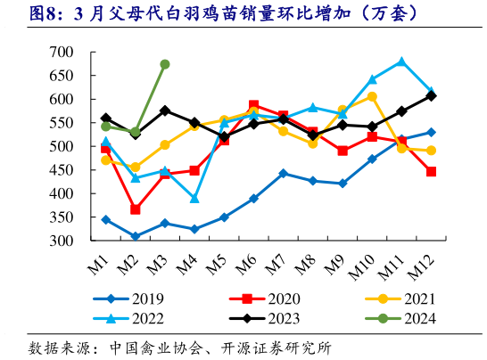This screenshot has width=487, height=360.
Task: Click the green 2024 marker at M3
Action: [x=164, y=64]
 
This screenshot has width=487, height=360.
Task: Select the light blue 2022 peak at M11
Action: [x=401, y=61]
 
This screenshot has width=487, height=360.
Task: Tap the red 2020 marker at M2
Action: [x=135, y=209]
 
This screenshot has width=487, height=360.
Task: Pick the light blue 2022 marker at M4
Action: [x=194, y=199]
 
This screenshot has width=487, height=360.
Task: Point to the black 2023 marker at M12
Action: [x=431, y=95]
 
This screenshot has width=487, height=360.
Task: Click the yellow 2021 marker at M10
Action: [x=372, y=96]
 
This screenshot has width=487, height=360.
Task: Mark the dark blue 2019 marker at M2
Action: [x=135, y=236]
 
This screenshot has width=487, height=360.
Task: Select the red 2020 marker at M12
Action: [x=431, y=171]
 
